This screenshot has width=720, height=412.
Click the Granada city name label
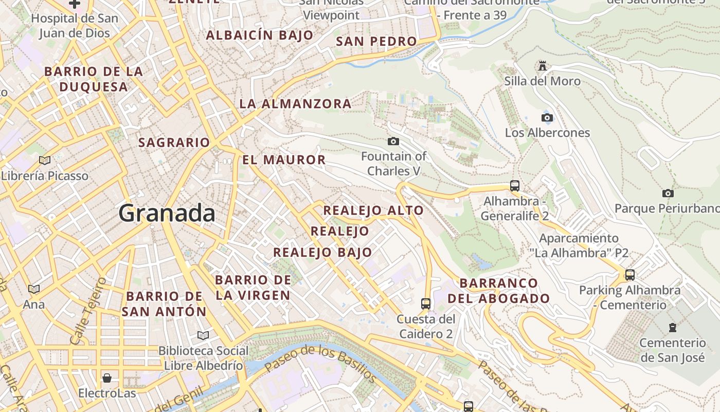[167, 213]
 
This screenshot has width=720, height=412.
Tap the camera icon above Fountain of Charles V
[393, 141]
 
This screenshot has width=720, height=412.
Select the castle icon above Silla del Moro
[542, 65]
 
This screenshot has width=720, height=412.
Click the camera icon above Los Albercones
[547, 117]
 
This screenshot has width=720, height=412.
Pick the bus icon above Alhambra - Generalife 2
[515, 186]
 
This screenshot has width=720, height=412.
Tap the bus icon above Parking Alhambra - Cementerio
[630, 274]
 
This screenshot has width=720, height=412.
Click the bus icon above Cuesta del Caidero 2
[425, 303]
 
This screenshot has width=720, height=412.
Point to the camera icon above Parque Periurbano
[668, 193]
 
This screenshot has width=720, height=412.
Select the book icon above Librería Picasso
[45, 160]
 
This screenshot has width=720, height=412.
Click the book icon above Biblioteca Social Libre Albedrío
[203, 335]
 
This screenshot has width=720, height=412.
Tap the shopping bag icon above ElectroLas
[107, 378]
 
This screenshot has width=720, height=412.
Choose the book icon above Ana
[34, 289]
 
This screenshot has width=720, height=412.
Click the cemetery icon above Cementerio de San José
[672, 327]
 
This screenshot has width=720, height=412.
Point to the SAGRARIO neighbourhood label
[174, 143]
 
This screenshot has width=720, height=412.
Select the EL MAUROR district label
[284, 160]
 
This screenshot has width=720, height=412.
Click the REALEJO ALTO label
[373, 210]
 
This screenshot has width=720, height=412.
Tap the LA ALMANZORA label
[295, 104]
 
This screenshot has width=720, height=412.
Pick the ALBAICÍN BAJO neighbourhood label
[259, 36]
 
